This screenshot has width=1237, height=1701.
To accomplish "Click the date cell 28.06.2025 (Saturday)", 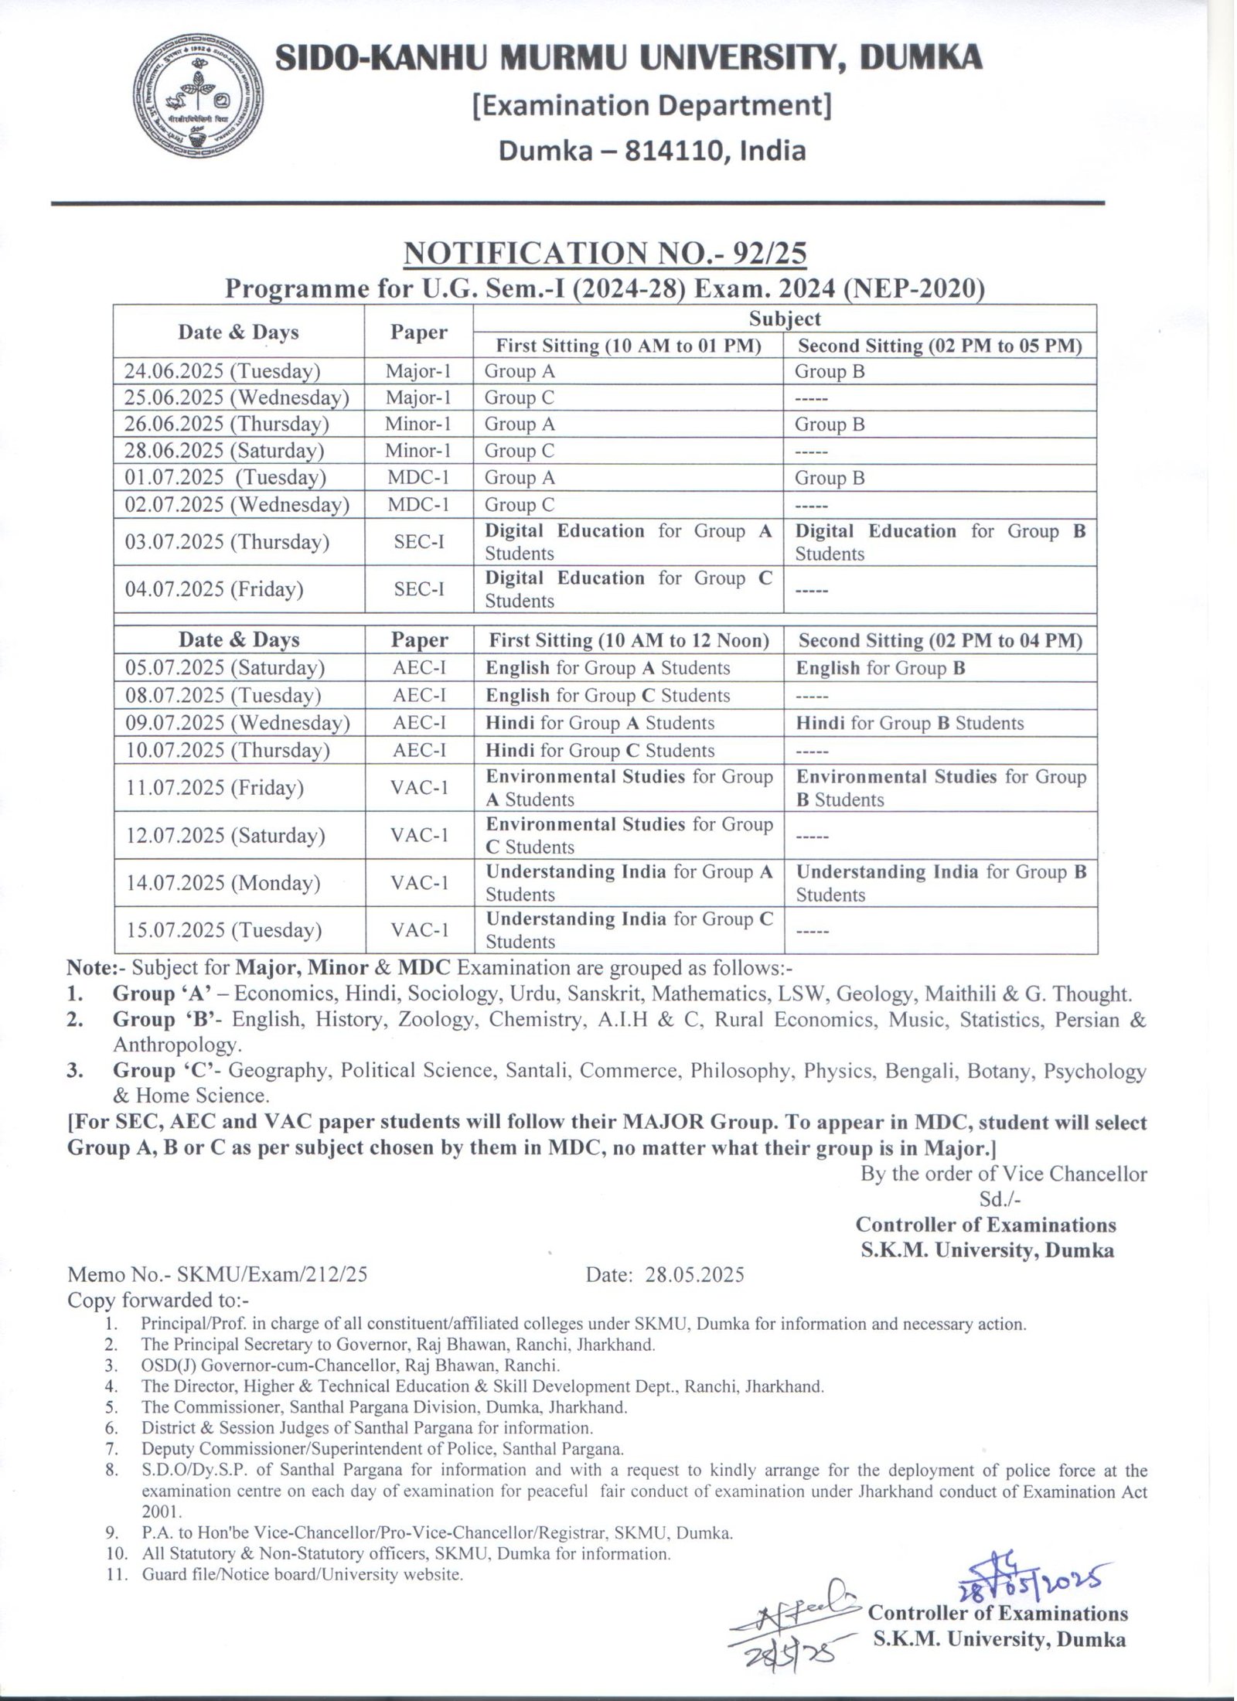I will (x=224, y=451).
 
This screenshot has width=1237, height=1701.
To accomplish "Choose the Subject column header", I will (x=784, y=319).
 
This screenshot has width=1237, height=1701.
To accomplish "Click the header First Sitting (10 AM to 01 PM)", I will (x=629, y=346).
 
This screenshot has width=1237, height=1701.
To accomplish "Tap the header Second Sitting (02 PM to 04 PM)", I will (x=940, y=640).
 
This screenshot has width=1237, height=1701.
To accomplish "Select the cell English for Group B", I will (x=881, y=668).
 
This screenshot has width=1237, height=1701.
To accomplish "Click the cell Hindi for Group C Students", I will (x=600, y=750).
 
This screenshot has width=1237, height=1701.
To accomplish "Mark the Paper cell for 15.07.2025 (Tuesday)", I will (x=419, y=929).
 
